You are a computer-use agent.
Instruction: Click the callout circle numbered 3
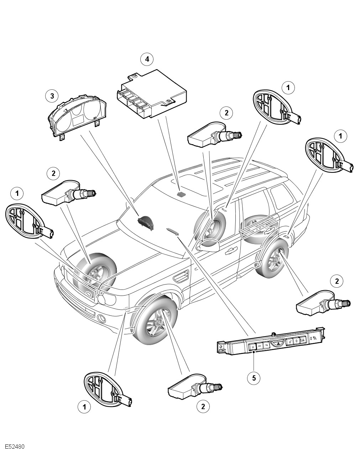[52, 95]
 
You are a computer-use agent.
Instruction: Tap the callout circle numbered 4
[147, 59]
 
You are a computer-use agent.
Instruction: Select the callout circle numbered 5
[254, 378]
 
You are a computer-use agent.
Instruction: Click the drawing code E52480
[15, 447]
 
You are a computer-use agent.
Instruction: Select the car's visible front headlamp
[106, 298]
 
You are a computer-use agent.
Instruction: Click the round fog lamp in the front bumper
[101, 318]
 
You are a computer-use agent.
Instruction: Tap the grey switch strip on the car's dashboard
[173, 231]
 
